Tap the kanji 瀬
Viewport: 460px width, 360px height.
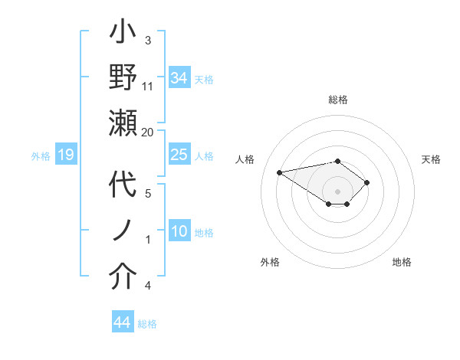point(123,123)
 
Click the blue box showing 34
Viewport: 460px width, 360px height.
point(179,77)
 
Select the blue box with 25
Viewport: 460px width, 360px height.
point(179,155)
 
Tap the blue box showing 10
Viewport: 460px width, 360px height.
point(179,231)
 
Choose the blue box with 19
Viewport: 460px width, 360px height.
point(65,155)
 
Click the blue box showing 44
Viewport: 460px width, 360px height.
point(122,322)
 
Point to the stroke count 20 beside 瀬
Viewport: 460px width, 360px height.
point(148,132)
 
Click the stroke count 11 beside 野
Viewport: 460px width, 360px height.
point(148,86)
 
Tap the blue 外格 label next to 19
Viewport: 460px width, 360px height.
point(41,156)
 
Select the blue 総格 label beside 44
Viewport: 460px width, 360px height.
point(147,324)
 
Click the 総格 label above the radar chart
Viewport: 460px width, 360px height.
point(337,100)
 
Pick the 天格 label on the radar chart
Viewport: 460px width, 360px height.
point(431,159)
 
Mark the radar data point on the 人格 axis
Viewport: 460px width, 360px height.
point(280,172)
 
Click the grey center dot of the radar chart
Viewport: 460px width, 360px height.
point(337,190)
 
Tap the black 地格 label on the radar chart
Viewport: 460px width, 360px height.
point(402,262)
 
